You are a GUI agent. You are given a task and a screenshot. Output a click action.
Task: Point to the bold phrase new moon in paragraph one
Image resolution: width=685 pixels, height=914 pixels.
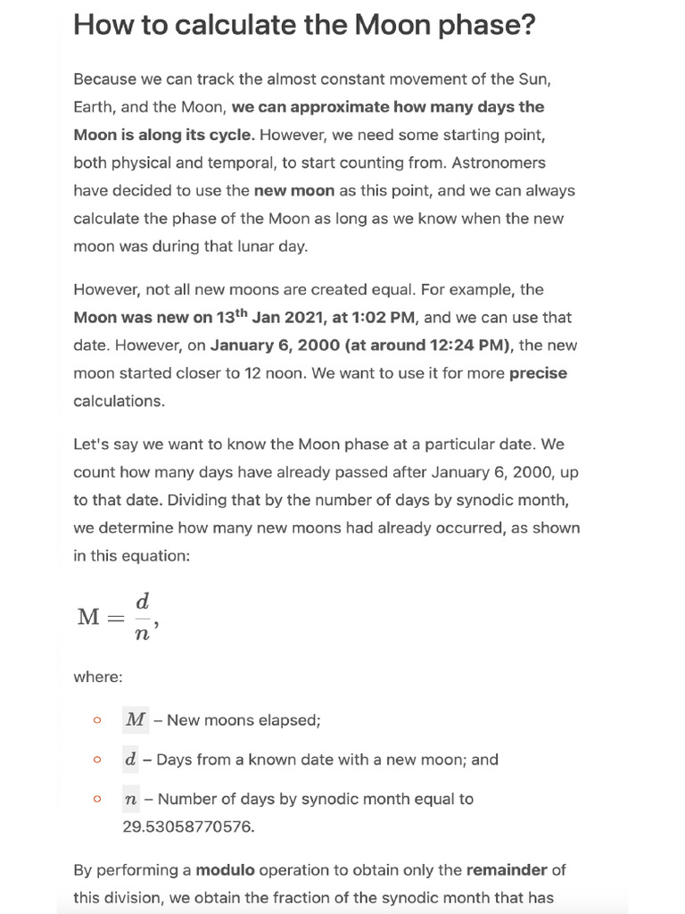[293, 190]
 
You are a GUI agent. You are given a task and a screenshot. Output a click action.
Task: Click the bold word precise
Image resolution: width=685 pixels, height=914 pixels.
[538, 373]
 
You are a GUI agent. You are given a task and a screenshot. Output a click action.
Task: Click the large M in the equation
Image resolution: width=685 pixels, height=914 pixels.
[89, 617]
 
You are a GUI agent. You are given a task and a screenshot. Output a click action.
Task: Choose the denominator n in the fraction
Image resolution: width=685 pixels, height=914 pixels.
[142, 635]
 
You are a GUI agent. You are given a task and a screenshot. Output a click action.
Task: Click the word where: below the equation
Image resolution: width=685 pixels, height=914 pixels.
[97, 677]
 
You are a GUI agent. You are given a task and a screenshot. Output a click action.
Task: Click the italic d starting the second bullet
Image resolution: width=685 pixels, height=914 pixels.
[131, 760]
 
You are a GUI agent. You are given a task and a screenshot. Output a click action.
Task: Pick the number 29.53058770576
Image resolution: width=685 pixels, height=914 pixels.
[188, 827]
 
